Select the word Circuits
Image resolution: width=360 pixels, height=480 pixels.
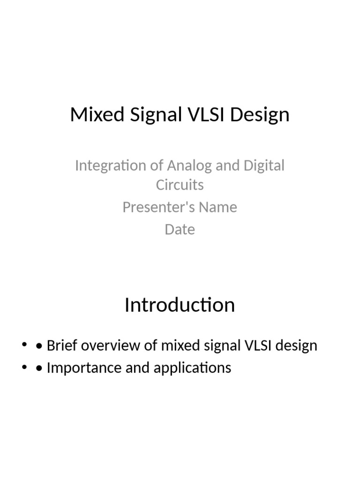[x=180, y=185]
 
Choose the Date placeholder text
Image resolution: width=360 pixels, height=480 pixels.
[x=180, y=230]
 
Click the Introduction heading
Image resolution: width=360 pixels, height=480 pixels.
[x=180, y=305]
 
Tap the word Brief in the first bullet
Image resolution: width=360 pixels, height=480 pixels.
[x=63, y=346]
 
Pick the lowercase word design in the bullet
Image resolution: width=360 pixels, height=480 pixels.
[x=298, y=346]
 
